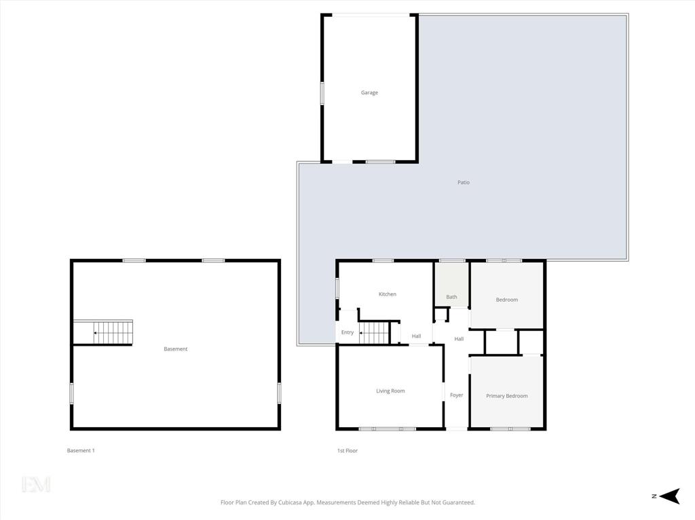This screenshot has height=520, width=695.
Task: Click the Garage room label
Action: pos(369,93)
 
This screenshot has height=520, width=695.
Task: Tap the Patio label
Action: pos(463,182)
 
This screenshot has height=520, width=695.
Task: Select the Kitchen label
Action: pos(387,294)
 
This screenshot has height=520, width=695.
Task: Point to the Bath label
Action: pos(451,297)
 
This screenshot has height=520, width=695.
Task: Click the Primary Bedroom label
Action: pos(506,396)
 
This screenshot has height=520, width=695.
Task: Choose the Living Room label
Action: pos(390,391)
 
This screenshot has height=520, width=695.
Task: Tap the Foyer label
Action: pos(457,395)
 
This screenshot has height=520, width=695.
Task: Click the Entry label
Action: pos(347,332)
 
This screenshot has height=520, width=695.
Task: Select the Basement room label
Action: pos(176,349)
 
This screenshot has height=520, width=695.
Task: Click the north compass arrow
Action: pos(669,496)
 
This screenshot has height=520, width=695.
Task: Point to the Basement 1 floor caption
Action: pos(81,450)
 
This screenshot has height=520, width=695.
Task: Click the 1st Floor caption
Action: pos(347,450)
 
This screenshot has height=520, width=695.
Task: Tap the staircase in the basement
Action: pos(113,332)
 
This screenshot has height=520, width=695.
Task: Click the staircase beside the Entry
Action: pos(374,332)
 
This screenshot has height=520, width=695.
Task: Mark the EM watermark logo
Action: pos(36,484)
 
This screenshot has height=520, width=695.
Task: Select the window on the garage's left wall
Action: pos(322,93)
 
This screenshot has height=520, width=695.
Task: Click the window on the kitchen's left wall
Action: pos(337,288)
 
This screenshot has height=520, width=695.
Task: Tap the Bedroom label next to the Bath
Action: pos(506,300)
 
